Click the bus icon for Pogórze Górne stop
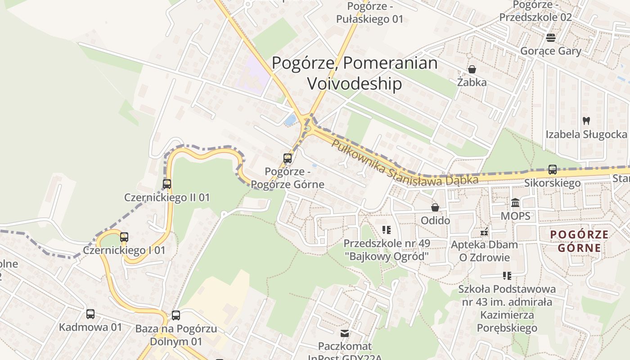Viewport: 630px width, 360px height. pyautogui.click(x=288, y=158)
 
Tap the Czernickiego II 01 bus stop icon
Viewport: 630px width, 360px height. pyautogui.click(x=167, y=184)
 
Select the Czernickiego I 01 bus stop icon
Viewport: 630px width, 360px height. pyautogui.click(x=124, y=237)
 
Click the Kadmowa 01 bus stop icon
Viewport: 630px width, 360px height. pyautogui.click(x=90, y=314)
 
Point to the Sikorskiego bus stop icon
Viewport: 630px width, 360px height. pyautogui.click(x=553, y=170)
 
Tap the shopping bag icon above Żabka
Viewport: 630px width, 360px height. pyautogui.click(x=472, y=69)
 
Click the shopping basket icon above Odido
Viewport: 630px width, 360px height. pyautogui.click(x=435, y=207)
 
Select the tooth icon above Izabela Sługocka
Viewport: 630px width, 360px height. pyautogui.click(x=586, y=121)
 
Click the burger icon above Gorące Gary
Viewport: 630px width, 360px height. pyautogui.click(x=550, y=37)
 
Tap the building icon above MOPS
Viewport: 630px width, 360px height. pyautogui.click(x=516, y=202)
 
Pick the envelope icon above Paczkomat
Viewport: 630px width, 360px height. pyautogui.click(x=345, y=333)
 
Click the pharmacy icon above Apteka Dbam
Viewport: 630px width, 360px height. pyautogui.click(x=484, y=232)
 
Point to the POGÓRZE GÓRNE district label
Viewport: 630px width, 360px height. pyautogui.click(x=580, y=241)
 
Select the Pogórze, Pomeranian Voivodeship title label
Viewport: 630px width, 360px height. pyautogui.click(x=354, y=73)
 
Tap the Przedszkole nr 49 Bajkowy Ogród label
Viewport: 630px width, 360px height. pyautogui.click(x=387, y=250)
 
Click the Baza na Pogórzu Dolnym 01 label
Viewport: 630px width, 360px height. pyautogui.click(x=176, y=335)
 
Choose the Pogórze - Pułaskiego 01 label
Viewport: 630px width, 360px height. pyautogui.click(x=370, y=13)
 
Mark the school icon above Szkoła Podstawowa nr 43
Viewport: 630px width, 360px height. pyautogui.click(x=507, y=275)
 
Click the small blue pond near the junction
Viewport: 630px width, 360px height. pyautogui.click(x=290, y=120)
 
